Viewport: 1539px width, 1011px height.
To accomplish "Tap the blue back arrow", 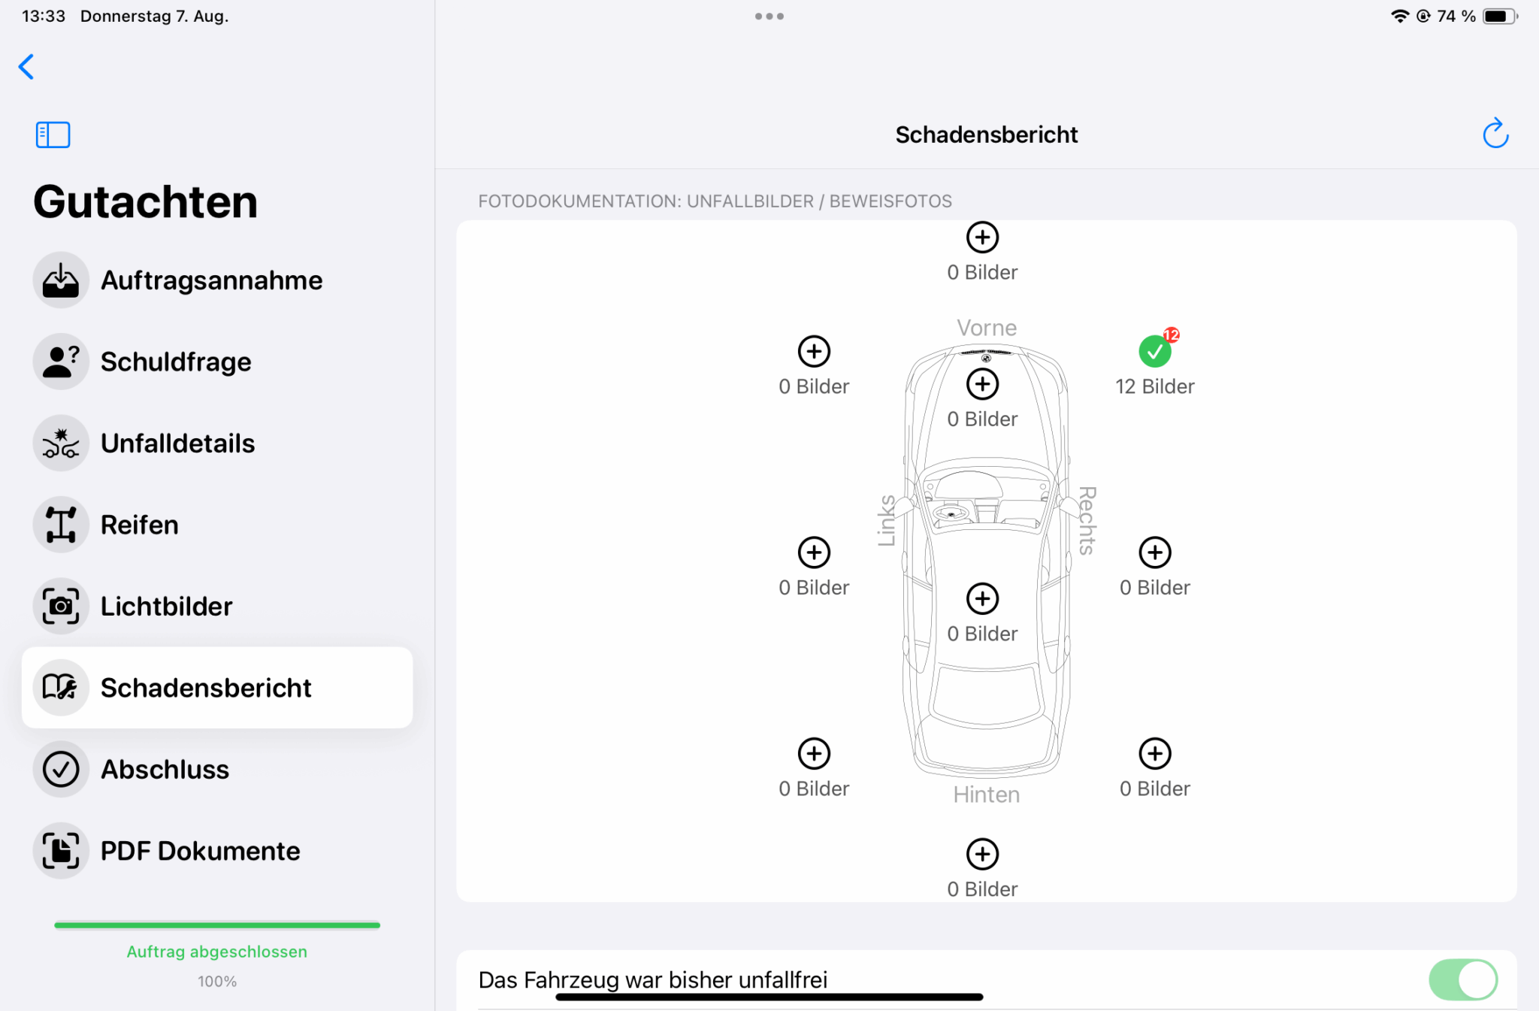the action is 26,67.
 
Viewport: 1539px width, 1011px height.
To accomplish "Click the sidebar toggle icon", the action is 53,135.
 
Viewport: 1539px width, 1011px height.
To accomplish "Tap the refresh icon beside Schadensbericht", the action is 1495,134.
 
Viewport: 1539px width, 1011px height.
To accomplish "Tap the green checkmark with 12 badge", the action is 1154,352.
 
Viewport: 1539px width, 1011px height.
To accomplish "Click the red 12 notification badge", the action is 1171,335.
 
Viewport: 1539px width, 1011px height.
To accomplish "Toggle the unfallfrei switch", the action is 1463,979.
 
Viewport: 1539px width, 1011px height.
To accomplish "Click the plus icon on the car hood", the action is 982,384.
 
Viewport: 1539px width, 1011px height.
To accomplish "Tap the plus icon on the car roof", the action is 982,599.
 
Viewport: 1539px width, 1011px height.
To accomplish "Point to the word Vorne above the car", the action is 987,328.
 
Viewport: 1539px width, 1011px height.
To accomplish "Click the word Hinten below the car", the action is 987,795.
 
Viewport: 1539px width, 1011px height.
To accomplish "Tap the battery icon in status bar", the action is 1500,16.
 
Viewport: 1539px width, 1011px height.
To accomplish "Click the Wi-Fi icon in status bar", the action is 1399,16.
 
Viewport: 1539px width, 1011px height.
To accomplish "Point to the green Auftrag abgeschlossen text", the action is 217,952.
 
